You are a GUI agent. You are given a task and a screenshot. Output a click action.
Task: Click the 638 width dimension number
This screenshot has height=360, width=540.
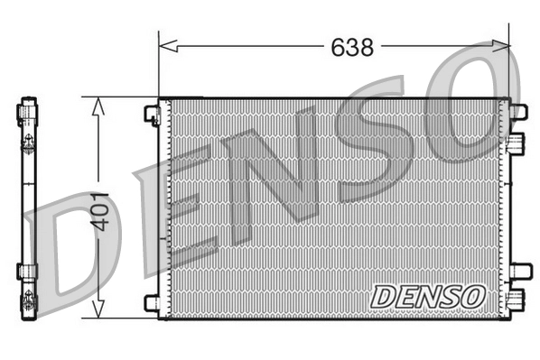pos(351,47)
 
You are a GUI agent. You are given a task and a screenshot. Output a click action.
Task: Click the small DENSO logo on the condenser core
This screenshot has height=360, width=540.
pos(428,295)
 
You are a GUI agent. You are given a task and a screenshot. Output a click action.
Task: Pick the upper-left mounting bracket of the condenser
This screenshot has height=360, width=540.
pos(151,114)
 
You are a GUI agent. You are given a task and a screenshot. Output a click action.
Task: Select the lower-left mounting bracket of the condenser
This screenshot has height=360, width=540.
pos(151,302)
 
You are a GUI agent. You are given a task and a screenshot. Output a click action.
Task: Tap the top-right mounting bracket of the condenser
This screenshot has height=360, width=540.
pos(517,112)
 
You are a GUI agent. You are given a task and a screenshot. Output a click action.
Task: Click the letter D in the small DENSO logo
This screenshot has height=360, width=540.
pos(382,295)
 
